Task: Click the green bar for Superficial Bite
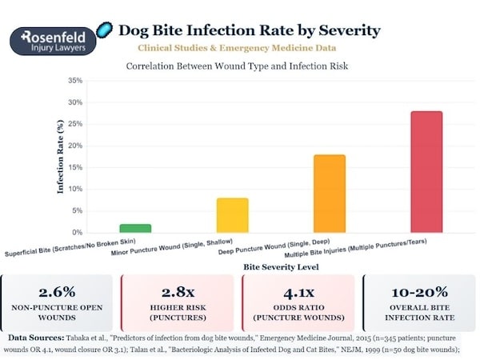point(135,228)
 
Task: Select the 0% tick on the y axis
point(75,232)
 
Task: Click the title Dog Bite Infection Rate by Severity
point(250,31)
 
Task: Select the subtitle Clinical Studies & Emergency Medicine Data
point(250,49)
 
